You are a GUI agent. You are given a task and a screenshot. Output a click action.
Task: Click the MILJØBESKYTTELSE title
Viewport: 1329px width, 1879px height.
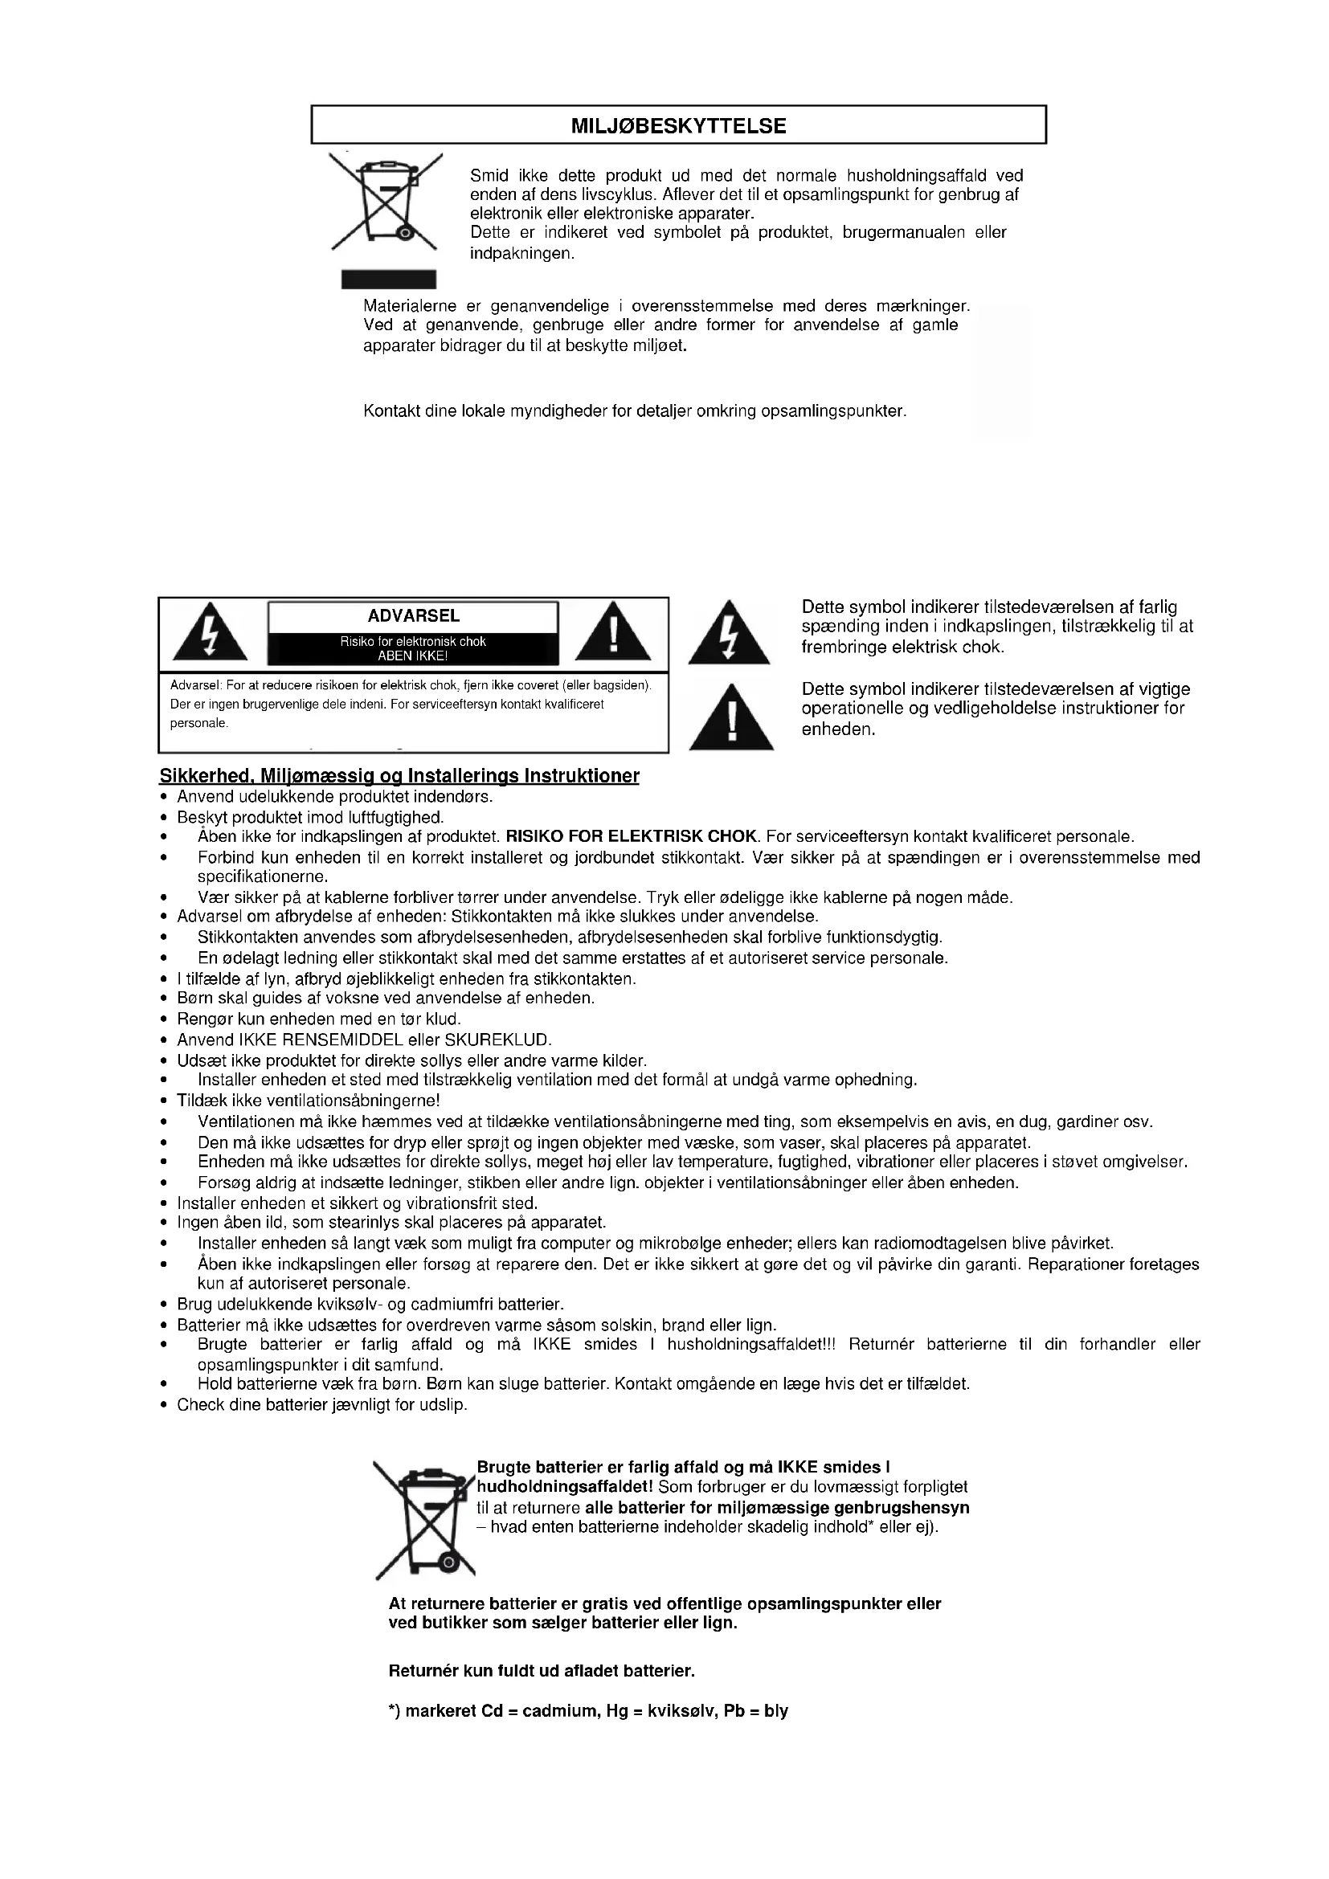(677, 126)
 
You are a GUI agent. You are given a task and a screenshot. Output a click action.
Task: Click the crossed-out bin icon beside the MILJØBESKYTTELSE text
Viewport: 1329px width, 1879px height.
(384, 202)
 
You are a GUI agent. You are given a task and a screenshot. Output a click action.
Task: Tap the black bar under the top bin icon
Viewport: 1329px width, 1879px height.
(388, 279)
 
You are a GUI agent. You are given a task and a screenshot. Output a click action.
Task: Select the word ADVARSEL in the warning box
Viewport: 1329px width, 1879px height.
(413, 616)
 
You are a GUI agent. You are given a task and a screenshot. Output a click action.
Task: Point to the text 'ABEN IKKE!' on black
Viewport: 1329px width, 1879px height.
(412, 656)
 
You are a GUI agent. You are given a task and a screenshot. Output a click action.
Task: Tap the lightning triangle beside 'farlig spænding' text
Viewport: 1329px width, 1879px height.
(728, 635)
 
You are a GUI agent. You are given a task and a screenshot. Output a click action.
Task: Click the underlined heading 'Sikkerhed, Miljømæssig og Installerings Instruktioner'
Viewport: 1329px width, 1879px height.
(399, 776)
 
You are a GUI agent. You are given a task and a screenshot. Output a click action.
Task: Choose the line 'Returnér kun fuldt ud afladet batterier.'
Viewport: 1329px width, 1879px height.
(541, 1670)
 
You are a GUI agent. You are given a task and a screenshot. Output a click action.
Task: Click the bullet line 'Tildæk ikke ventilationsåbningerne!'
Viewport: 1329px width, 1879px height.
(309, 1101)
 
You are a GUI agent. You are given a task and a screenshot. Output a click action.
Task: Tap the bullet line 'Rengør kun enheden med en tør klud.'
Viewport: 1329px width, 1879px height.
(319, 1019)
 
